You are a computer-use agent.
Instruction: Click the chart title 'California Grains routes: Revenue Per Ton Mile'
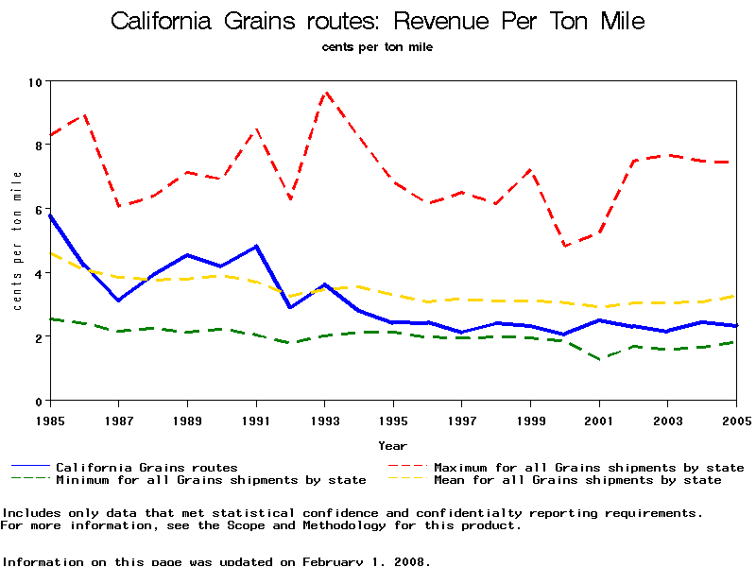coord(378,21)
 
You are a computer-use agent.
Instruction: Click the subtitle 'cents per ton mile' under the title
coord(377,47)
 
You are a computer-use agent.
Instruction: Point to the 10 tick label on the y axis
coord(37,82)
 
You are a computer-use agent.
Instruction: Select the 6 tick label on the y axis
coord(39,210)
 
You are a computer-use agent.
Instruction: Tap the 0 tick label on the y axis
coord(39,402)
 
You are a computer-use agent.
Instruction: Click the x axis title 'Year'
coord(392,445)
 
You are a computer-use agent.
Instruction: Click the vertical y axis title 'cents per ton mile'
coord(17,241)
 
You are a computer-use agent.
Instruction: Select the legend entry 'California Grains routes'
coord(146,467)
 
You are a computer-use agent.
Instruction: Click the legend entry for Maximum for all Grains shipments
coord(588,467)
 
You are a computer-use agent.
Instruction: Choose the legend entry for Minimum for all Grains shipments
coord(210,480)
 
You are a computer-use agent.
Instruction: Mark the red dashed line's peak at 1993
coord(325,92)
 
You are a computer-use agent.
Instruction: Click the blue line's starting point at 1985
coord(50,215)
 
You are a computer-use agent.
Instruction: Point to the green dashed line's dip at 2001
coord(599,359)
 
